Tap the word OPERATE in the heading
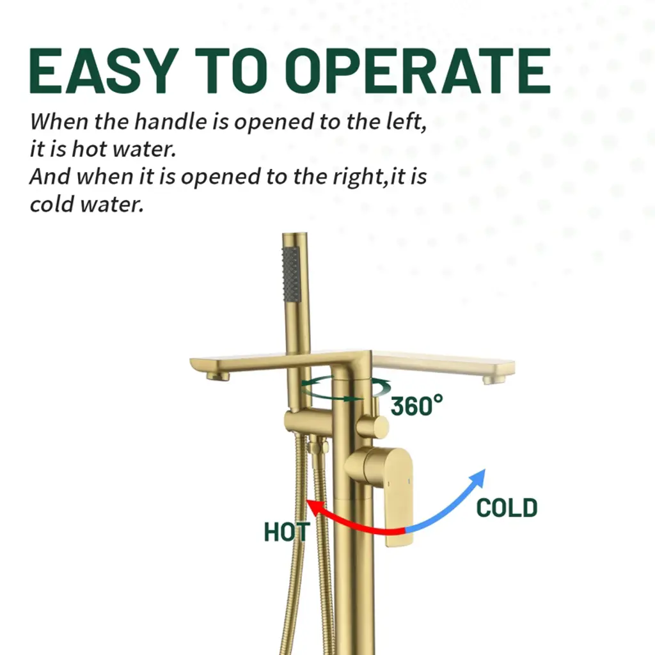coord(418,70)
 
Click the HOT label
coord(287,532)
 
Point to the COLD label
coord(507,508)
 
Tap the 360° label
coord(416,405)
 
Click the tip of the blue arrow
coord(485,470)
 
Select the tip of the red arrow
coord(307,500)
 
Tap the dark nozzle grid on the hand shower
coord(291,274)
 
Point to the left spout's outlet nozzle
coord(217,377)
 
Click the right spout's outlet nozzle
coord(493,379)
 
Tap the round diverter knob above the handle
coord(373,427)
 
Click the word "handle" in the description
coord(170,122)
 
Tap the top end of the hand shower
coord(294,234)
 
